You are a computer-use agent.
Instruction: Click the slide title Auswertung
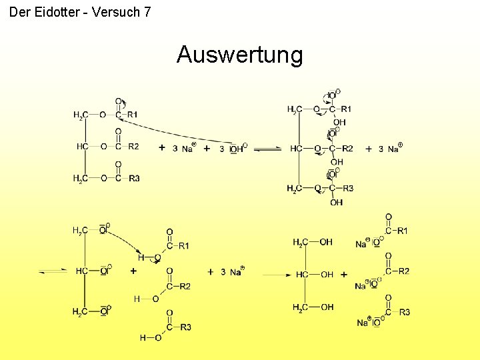pos(239,55)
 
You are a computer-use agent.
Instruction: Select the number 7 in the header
pos(147,11)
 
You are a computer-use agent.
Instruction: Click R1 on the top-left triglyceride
pos(133,115)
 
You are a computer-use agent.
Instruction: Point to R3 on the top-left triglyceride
pos(134,178)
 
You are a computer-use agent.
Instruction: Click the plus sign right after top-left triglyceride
pos(163,148)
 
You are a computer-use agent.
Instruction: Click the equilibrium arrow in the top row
pos(269,149)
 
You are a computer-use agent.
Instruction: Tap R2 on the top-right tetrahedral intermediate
pos(347,149)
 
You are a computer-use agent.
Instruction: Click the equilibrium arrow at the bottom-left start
pos(53,271)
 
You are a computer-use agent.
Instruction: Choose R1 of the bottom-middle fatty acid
pos(184,246)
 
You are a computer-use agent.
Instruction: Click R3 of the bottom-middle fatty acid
pos(185,327)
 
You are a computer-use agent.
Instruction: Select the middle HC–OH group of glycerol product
pos(315,275)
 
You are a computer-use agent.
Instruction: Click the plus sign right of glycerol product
pos(344,275)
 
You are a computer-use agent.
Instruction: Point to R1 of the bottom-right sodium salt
pos(403,231)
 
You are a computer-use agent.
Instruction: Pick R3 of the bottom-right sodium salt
pos(404,312)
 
